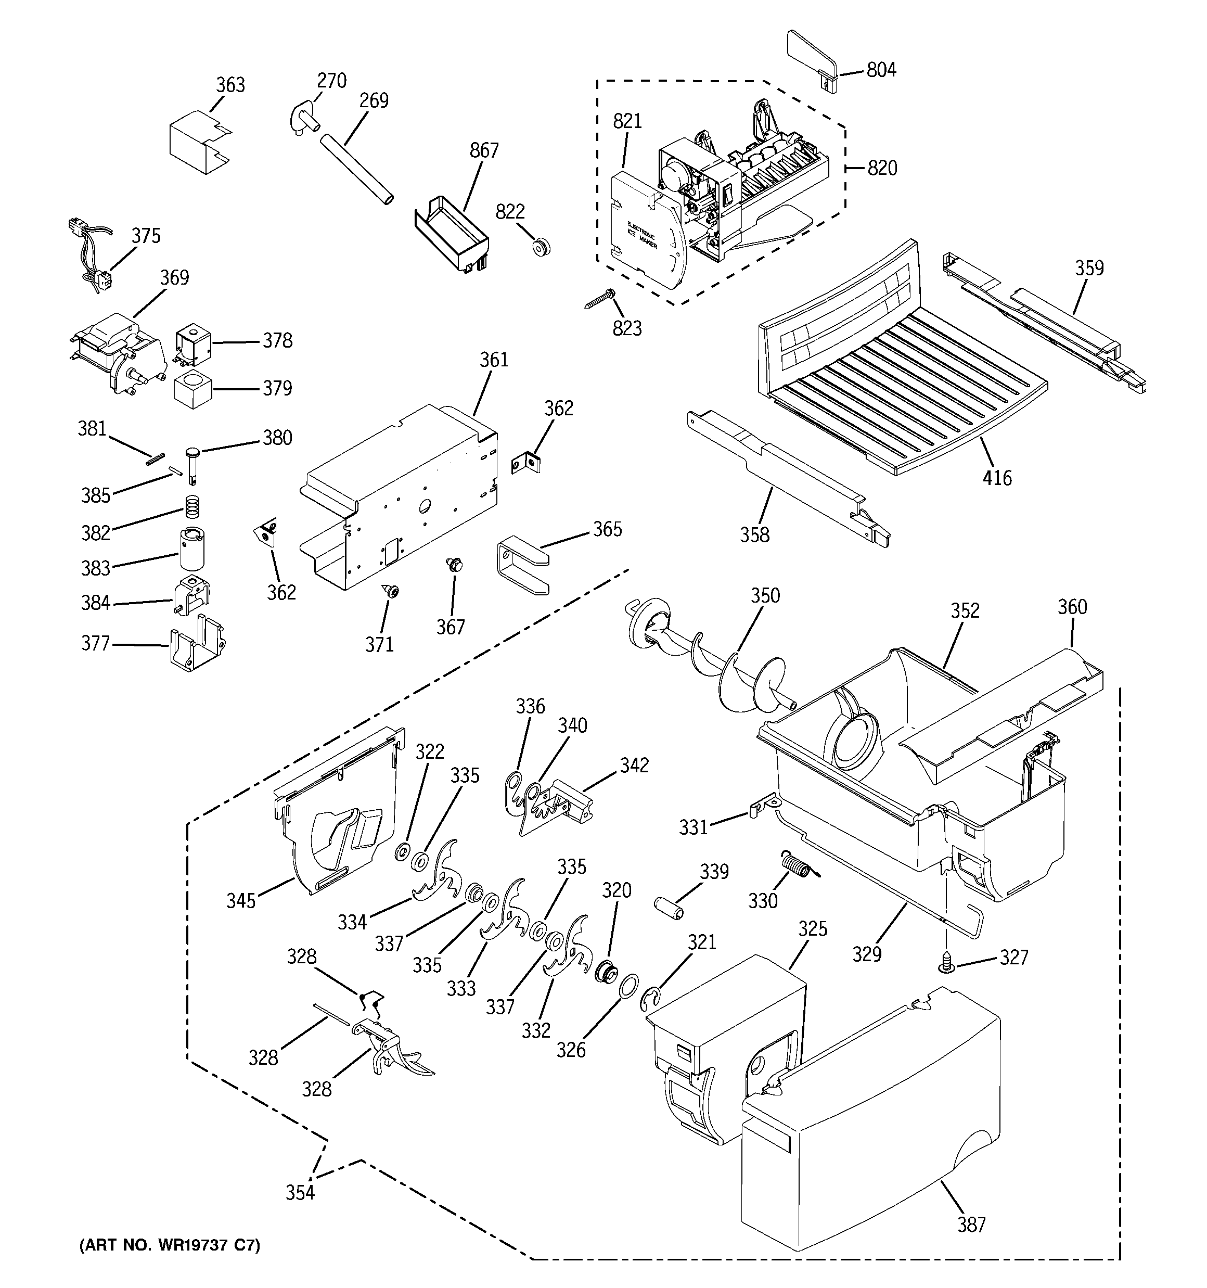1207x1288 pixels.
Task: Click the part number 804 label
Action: [x=881, y=70]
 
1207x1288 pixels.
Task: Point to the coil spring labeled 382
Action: [x=190, y=506]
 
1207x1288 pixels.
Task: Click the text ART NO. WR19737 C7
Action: [x=169, y=1245]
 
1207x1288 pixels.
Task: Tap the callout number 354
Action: [x=300, y=1192]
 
